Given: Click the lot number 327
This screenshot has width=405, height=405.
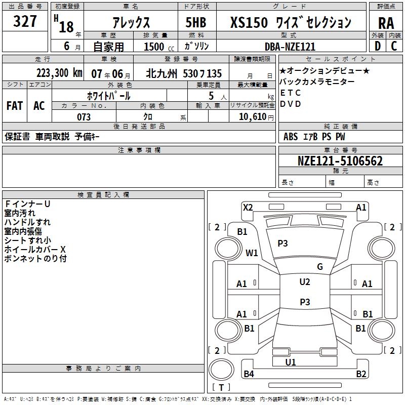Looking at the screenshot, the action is [x=25, y=22].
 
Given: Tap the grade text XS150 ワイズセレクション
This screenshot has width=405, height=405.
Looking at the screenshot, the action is [x=291, y=22].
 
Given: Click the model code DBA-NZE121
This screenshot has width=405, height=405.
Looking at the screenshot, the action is [x=290, y=47].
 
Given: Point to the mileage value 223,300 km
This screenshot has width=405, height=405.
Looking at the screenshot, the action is [x=59, y=73].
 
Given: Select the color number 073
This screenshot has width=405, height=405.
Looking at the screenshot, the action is [x=84, y=117].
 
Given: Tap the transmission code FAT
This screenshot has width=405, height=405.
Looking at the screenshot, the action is [x=15, y=105].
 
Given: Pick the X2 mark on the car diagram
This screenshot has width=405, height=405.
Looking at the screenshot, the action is [x=248, y=207].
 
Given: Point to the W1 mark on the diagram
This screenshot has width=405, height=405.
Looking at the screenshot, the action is [x=252, y=253].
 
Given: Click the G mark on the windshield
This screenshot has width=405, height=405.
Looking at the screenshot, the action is [x=319, y=267].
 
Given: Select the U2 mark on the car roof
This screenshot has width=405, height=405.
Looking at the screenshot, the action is [x=305, y=282].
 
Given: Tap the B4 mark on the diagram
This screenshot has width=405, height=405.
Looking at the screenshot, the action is [x=249, y=374].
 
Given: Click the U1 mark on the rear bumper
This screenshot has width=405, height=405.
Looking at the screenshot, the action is [x=291, y=362].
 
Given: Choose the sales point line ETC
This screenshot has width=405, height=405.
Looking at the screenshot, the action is [x=291, y=93].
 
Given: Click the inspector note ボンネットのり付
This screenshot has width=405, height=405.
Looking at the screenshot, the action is [x=35, y=259].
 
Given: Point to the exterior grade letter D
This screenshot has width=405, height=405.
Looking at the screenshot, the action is [x=377, y=47].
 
